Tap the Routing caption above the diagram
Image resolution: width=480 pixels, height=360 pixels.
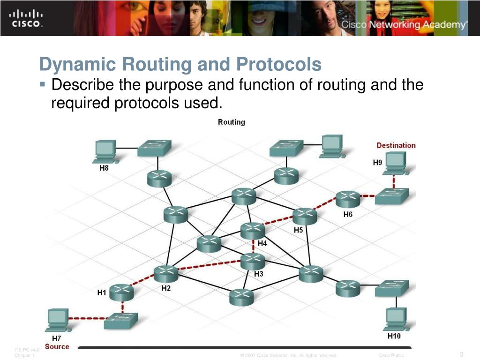point(231,122)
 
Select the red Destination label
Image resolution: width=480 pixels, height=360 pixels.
point(396,145)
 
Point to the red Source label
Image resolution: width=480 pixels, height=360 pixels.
point(57,347)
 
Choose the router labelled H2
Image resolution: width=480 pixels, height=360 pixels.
point(165,273)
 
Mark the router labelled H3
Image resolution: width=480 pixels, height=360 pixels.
point(253,261)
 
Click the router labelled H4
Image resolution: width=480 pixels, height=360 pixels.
point(253,230)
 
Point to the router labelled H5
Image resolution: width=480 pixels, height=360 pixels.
point(305,216)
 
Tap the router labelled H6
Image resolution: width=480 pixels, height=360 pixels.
point(347,199)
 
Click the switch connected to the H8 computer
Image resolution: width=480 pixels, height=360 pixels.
point(154,148)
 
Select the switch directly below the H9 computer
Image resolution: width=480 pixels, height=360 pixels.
point(392,196)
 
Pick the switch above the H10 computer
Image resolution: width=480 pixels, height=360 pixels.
point(391,288)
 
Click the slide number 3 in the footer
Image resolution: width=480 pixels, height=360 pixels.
point(462,354)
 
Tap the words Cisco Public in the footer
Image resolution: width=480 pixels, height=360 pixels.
point(390,356)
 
